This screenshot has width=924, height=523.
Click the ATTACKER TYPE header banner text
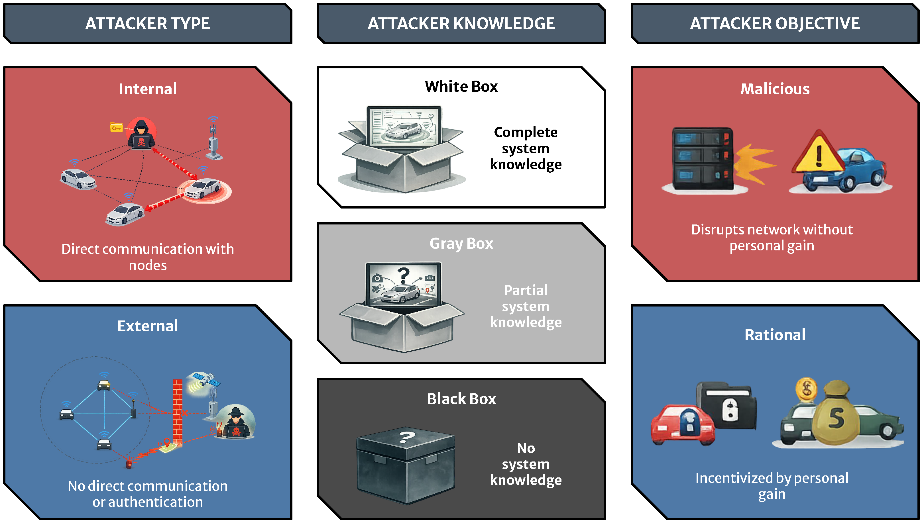(148, 24)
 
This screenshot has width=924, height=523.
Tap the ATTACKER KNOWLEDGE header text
(461, 24)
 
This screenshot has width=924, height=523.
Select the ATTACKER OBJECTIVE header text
(775, 24)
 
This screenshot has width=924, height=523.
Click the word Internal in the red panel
(148, 89)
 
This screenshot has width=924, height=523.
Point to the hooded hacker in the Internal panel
(142, 134)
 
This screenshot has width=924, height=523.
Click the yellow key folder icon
(116, 127)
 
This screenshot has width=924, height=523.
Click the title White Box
(461, 87)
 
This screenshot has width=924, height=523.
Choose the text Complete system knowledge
(526, 148)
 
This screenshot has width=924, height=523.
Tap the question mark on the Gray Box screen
(404, 275)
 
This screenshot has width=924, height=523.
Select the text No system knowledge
(526, 464)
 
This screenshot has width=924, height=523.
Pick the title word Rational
(775, 335)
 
